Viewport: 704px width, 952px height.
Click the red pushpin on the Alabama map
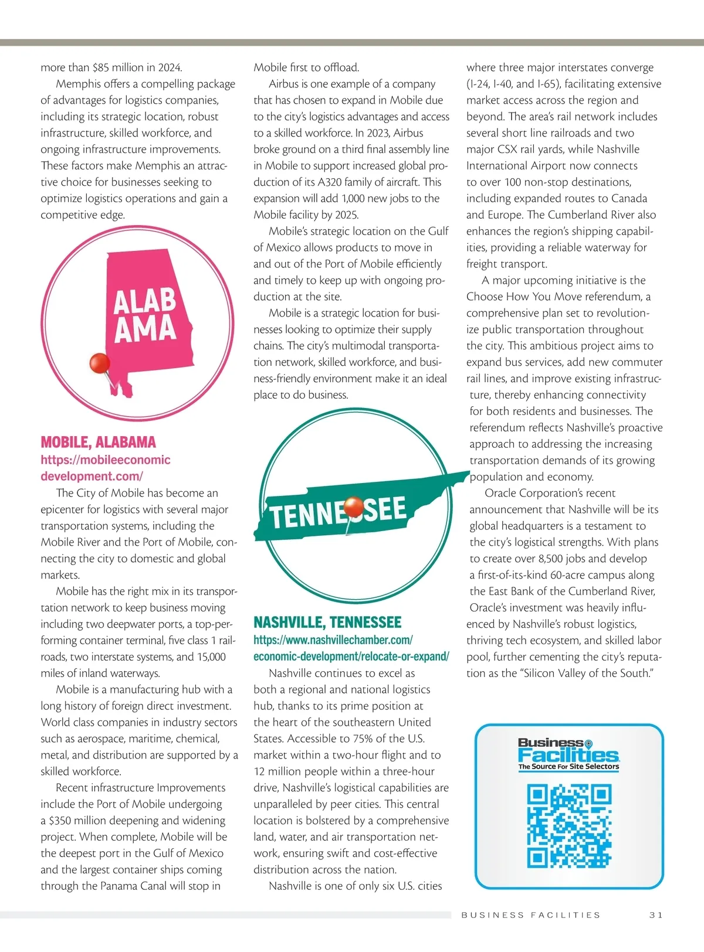100,363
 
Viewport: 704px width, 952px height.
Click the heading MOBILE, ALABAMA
98,442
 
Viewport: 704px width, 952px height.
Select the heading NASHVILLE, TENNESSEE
327,622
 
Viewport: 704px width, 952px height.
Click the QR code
568,827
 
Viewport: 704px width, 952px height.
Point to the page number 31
655,914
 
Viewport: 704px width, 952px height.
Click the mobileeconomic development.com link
106,468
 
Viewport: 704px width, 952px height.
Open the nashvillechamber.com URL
351,648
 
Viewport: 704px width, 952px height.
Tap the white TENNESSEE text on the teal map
338,512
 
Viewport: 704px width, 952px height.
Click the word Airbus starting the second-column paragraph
286,84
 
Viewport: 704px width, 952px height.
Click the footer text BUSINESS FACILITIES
531,914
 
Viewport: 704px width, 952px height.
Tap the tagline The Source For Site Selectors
568,766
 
